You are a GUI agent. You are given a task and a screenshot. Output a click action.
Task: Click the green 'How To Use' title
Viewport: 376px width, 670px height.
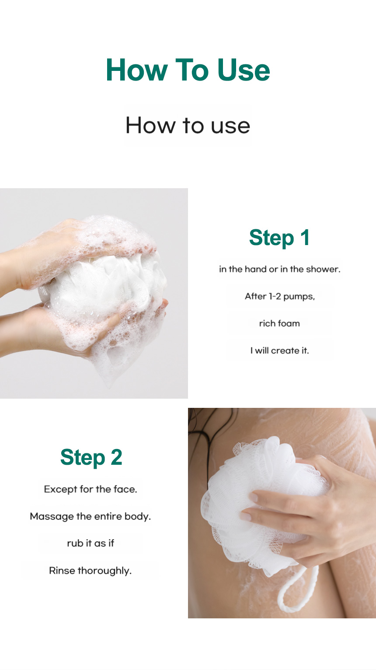[188, 70]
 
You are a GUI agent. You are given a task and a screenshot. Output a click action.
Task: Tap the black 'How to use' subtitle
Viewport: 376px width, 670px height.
[188, 125]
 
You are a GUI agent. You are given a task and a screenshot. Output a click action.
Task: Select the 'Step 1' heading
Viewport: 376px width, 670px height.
[279, 238]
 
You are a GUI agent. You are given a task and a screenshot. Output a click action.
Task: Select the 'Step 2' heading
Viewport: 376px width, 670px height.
[91, 458]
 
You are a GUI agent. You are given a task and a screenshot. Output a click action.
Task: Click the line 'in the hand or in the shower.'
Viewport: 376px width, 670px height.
[279, 269]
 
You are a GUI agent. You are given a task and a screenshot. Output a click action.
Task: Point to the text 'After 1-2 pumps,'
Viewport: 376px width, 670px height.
[280, 296]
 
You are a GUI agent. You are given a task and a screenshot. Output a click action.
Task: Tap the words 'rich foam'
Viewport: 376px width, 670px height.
[279, 323]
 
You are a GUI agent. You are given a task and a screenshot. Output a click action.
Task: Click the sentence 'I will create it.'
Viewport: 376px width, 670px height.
[279, 351]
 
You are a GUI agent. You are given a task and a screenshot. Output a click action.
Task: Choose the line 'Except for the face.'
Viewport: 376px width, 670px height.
[91, 489]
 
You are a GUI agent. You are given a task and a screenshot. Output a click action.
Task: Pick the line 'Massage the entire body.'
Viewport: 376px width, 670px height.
[90, 516]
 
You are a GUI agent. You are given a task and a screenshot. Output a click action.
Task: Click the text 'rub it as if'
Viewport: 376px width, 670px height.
[91, 543]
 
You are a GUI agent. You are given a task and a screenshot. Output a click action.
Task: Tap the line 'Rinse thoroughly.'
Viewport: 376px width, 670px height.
[90, 571]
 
